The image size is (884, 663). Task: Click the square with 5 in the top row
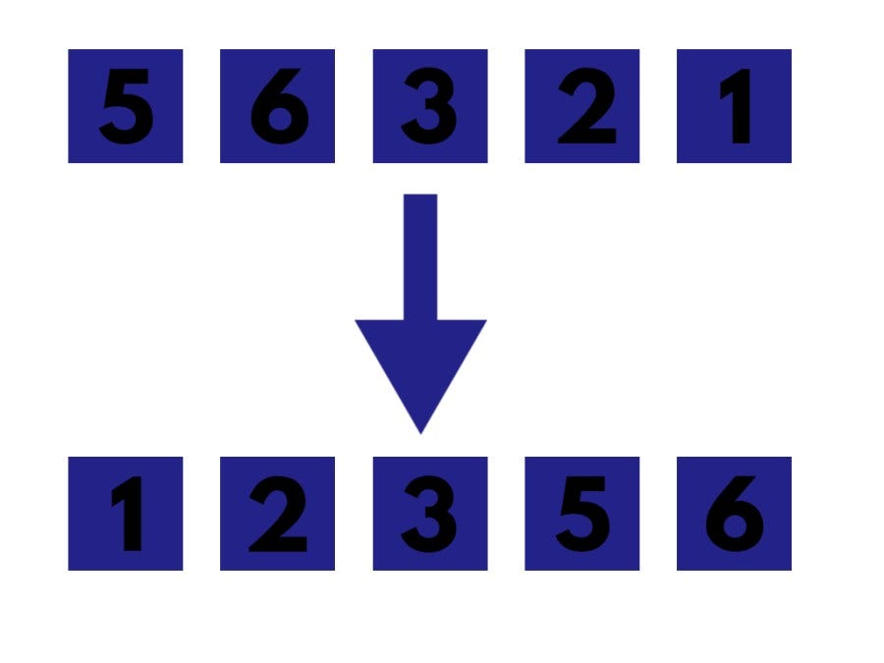click(x=125, y=106)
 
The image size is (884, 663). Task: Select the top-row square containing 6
click(x=277, y=106)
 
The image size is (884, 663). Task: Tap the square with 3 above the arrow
click(x=429, y=106)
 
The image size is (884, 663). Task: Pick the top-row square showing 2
click(x=581, y=106)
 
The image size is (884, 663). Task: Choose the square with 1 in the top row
click(x=734, y=106)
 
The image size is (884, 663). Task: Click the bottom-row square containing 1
click(x=125, y=514)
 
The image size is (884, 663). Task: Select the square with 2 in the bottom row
click(x=277, y=514)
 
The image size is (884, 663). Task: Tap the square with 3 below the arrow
click(x=429, y=514)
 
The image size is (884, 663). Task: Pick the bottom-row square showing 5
click(x=581, y=514)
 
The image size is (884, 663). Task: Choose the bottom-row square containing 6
click(x=734, y=514)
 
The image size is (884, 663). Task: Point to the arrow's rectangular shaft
click(x=420, y=255)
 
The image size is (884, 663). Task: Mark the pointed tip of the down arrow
click(x=420, y=429)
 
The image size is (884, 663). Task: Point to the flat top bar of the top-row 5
click(x=131, y=78)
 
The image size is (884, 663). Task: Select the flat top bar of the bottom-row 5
click(x=586, y=484)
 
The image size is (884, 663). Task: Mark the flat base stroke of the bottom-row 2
click(x=279, y=543)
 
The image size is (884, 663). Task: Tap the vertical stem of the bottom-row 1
click(x=131, y=516)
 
